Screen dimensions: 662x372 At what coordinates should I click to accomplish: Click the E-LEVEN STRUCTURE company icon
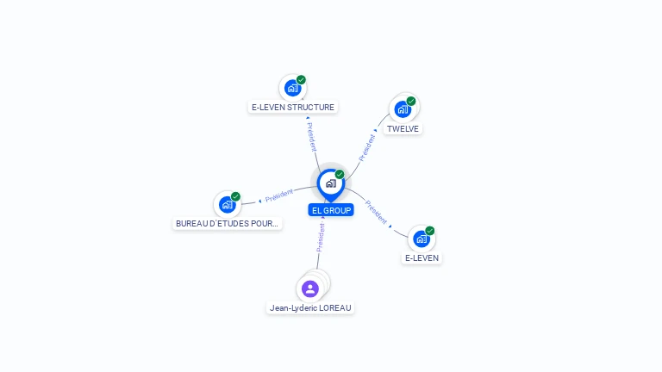click(292, 88)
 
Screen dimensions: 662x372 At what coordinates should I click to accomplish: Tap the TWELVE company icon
click(403, 109)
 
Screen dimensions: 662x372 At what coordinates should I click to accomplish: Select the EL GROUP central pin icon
click(331, 185)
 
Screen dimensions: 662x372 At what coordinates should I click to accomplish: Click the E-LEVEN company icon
click(422, 239)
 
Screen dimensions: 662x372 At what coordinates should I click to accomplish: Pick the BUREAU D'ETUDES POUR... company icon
click(228, 205)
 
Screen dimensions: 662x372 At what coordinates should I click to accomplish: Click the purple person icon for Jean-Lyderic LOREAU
click(310, 289)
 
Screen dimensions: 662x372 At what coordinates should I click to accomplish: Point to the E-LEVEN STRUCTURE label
click(293, 107)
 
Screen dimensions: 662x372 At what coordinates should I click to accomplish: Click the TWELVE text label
click(403, 128)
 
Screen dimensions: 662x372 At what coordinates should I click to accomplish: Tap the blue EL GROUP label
click(331, 210)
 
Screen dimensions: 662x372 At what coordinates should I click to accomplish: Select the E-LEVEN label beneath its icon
click(422, 257)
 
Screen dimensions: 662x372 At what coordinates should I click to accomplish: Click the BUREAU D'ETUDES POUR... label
click(228, 224)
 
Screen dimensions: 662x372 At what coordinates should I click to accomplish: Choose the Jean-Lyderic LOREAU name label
click(310, 308)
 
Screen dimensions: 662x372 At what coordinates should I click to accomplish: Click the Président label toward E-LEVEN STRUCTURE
click(311, 137)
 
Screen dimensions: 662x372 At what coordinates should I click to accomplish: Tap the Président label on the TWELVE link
click(367, 147)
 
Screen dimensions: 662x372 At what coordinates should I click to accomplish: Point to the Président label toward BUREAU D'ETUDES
click(279, 195)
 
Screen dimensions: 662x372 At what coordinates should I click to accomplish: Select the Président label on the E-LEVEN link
click(376, 212)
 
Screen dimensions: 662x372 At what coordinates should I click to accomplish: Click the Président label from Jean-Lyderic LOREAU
click(321, 238)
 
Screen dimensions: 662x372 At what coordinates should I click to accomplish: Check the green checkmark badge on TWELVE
click(411, 102)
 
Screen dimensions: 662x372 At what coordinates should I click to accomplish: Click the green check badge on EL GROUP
click(340, 174)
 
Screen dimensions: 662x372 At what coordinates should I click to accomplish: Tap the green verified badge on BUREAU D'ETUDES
click(235, 196)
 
